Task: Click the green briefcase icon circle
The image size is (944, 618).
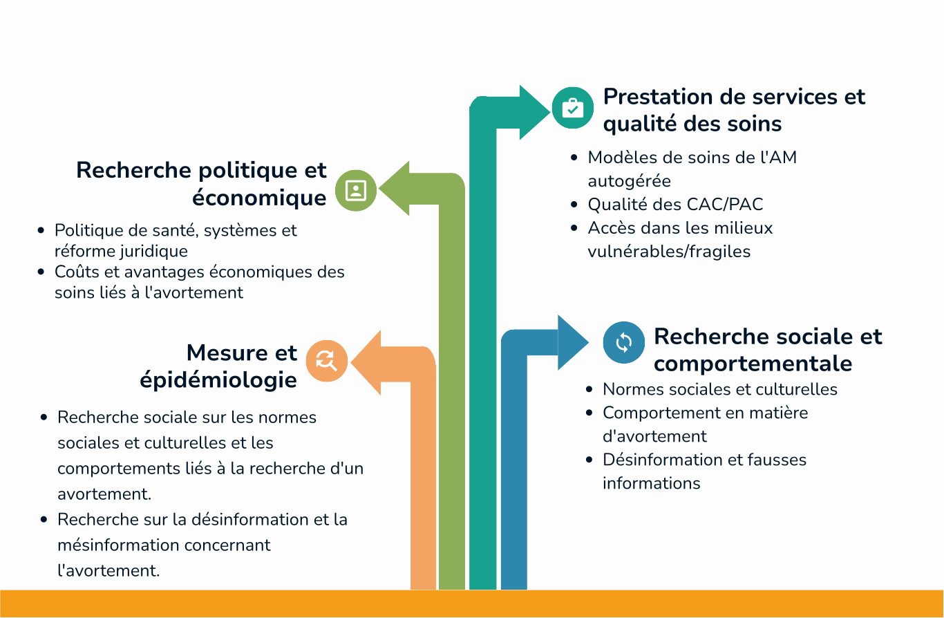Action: tap(573, 108)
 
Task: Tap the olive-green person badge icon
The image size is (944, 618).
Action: tap(356, 191)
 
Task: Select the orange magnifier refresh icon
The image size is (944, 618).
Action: tap(327, 361)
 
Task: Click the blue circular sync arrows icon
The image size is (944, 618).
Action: tap(624, 342)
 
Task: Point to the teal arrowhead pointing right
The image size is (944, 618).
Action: tap(534, 112)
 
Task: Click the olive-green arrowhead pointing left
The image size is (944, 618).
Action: tap(395, 189)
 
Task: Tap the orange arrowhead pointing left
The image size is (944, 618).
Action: tap(366, 362)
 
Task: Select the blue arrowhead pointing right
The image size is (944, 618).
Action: tap(573, 342)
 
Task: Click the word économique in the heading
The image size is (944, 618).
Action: tap(259, 198)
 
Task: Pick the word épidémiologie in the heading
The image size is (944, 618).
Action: tap(218, 381)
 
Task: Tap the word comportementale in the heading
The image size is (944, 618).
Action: tap(753, 364)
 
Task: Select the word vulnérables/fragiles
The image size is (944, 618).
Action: tap(669, 252)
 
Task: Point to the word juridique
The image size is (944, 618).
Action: tap(154, 252)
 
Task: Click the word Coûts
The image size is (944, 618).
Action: tap(77, 272)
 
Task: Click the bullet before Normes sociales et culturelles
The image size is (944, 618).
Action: tap(589, 389)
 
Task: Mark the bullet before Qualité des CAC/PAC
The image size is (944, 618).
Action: tap(574, 205)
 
